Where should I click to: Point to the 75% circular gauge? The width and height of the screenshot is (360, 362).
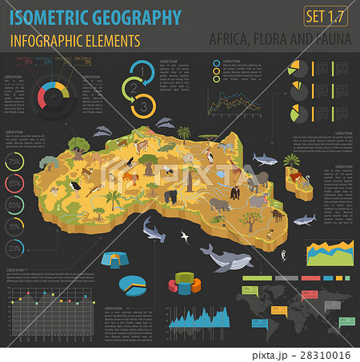[14, 162]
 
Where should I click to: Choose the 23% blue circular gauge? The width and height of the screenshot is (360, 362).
[14, 249]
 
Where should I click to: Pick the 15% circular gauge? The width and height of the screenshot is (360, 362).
[14, 227]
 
